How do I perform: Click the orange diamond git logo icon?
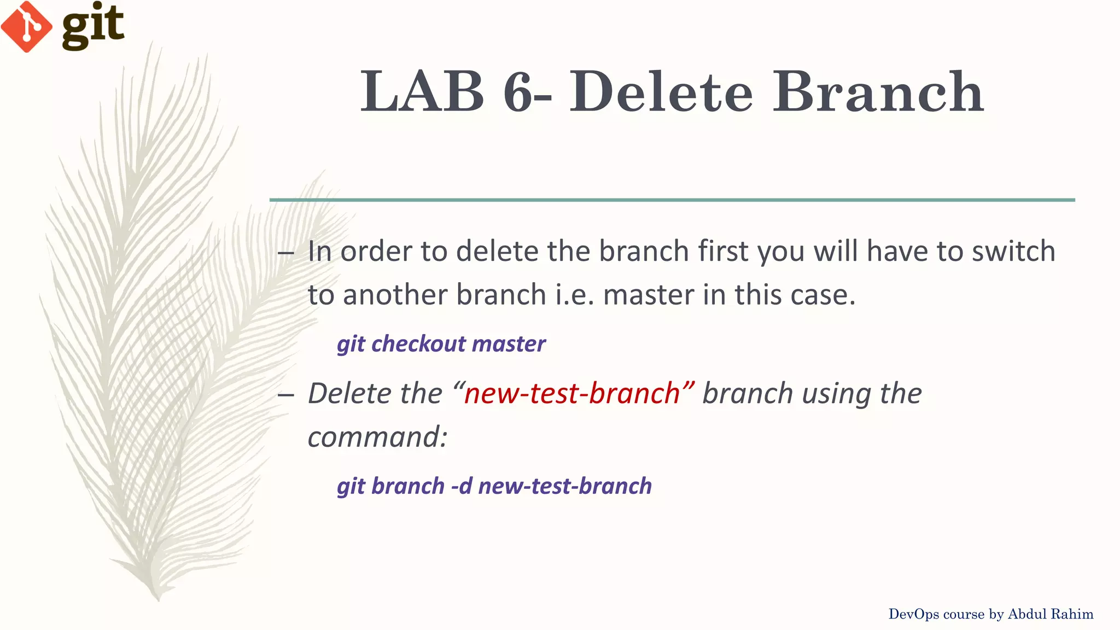coord(26,26)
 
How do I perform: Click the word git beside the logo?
coord(93,26)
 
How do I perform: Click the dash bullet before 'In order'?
coord(286,253)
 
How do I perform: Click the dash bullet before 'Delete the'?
coord(286,395)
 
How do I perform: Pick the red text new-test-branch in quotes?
coord(572,394)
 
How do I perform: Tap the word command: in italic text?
coord(377,437)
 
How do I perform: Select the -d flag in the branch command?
coord(462,486)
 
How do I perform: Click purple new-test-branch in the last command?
coord(565,486)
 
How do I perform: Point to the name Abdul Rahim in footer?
coord(1050,614)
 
